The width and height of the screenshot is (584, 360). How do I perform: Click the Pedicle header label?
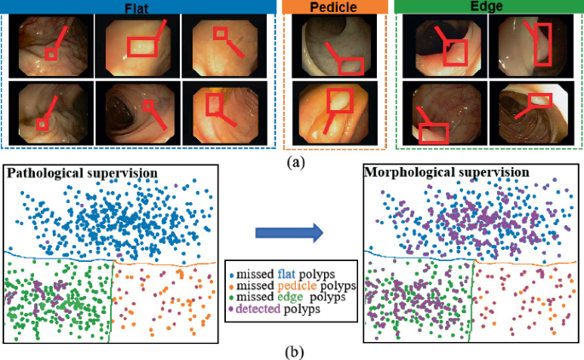(333, 7)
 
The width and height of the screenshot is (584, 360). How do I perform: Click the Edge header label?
(489, 7)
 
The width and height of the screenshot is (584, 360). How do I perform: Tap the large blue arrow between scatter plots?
(290, 231)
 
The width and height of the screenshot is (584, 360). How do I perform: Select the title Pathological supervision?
(82, 173)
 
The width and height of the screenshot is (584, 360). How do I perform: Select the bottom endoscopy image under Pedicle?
(333, 111)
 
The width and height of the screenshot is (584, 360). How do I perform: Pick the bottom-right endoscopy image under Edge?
(532, 112)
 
